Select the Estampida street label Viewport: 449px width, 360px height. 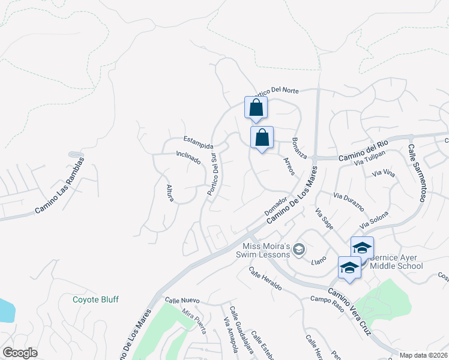click(198, 145)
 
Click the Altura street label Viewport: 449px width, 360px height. click(170, 193)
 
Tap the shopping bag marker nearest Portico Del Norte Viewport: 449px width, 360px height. click(256, 108)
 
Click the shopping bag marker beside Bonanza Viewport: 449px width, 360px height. click(262, 137)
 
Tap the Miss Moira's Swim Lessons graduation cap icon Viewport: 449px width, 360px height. click(299, 249)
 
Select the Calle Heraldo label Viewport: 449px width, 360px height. click(265, 278)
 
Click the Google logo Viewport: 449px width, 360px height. click(20, 353)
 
